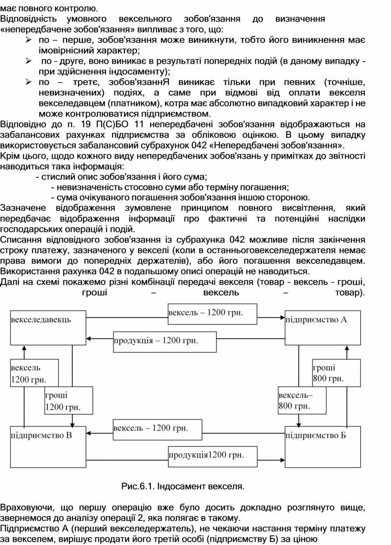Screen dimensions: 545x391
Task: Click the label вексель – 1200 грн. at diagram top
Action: click(206, 313)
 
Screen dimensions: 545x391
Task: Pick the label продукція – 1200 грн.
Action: click(156, 340)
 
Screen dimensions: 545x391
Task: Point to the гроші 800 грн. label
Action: click(329, 373)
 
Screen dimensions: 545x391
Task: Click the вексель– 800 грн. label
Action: click(295, 401)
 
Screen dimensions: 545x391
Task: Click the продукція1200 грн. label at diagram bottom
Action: click(206, 454)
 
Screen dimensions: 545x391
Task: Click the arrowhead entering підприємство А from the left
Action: click(282, 317)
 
